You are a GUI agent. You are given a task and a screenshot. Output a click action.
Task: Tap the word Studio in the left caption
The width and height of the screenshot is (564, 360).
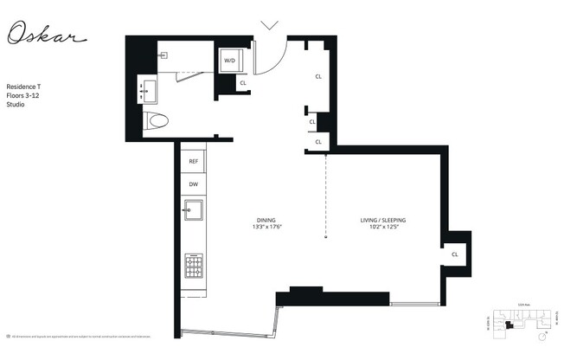pos(16,105)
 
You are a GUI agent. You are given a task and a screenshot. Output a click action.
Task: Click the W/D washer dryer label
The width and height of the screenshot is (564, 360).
pos(230,61)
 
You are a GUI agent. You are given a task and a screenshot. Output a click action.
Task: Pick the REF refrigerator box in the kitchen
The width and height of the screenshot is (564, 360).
pos(194,161)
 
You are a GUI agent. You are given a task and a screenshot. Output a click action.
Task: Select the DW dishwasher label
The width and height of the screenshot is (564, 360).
pos(194,184)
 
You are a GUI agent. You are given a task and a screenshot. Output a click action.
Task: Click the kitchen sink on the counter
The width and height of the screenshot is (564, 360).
pos(194,209)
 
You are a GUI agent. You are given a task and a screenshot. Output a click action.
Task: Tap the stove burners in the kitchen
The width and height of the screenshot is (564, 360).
pos(194,263)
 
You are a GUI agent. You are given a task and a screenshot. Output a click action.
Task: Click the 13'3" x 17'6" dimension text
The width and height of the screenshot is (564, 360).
pos(267,228)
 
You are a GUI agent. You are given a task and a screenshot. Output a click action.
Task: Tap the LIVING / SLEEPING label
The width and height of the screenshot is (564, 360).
pos(383,220)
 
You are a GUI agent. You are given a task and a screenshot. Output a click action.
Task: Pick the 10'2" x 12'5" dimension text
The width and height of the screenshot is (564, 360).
pos(383,228)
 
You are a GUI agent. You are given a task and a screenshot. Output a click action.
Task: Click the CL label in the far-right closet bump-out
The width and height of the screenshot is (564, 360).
pos(455,254)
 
